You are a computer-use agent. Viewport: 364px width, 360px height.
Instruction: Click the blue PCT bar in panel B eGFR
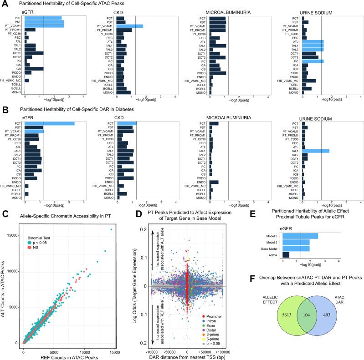point(50,123)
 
